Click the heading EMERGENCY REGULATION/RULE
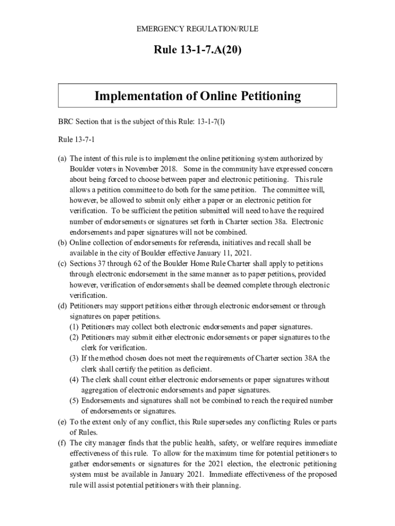coord(197,29)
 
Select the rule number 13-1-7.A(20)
coord(197,50)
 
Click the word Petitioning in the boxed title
coord(268,96)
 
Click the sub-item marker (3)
coord(74,359)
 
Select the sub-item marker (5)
coord(74,401)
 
